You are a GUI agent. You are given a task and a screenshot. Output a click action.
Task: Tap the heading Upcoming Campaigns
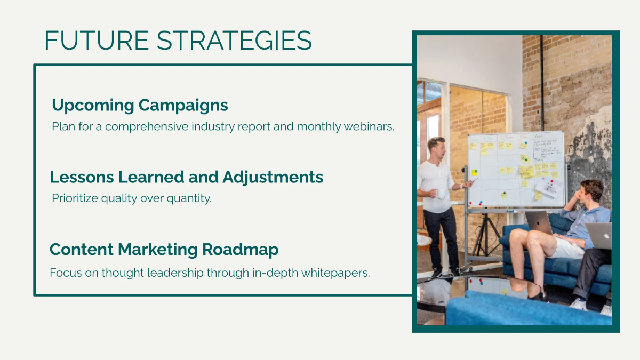point(140,105)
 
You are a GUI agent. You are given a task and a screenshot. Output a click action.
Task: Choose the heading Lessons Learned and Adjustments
point(187,177)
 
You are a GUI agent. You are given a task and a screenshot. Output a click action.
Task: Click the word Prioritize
point(76,198)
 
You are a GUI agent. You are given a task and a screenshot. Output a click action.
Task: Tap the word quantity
point(189,198)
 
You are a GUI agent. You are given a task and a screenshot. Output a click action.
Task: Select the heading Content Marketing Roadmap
point(164,249)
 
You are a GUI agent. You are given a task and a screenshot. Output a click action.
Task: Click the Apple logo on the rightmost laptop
point(607,235)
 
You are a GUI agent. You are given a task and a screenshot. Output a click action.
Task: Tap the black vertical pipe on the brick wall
point(542,80)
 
